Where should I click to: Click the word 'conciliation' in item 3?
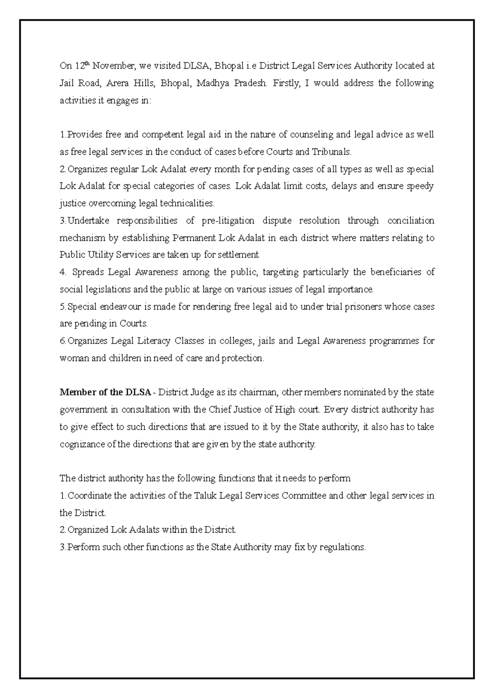pyautogui.click(x=410, y=221)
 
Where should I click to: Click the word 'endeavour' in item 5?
pyautogui.click(x=117, y=307)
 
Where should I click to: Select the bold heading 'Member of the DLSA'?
pyautogui.click(x=105, y=392)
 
